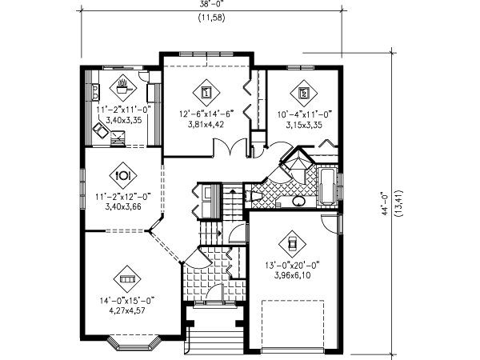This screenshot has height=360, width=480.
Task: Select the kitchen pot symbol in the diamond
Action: point(122,82)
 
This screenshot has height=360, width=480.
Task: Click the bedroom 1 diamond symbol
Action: point(207,91)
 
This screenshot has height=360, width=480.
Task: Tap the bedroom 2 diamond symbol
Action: point(305,91)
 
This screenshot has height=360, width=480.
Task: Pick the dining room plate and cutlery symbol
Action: point(124,173)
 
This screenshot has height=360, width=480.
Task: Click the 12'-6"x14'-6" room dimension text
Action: point(207,114)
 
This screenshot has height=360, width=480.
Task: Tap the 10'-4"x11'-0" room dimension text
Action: point(304,114)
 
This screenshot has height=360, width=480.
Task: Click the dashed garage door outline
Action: point(292,324)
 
